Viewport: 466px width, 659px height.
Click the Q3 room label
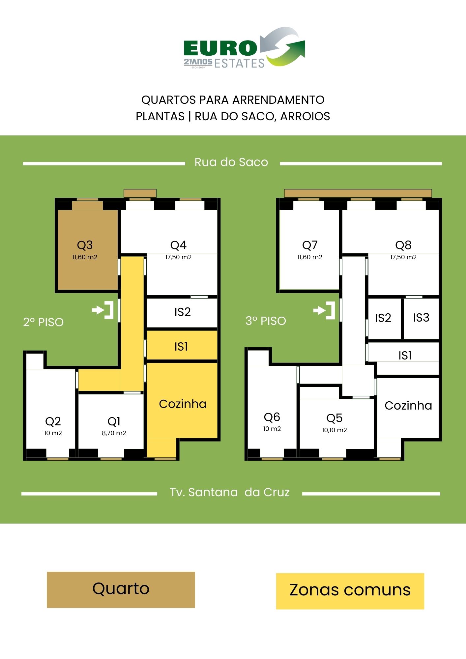[85, 245]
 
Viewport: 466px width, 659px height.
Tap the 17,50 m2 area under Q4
[178, 257]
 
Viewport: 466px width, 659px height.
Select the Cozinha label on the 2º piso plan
[183, 404]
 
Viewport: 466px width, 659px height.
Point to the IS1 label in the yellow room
[181, 346]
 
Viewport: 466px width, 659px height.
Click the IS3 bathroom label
[421, 317]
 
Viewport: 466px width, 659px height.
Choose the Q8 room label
[403, 245]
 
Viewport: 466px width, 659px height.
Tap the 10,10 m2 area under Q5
[335, 430]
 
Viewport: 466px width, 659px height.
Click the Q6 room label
[272, 417]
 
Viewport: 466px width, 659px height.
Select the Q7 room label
[310, 245]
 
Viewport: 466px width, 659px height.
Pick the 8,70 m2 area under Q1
[114, 433]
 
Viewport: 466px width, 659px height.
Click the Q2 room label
[53, 421]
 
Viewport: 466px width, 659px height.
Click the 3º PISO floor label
[266, 321]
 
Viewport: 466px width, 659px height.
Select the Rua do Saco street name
[231, 162]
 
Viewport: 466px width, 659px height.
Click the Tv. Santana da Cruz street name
[230, 492]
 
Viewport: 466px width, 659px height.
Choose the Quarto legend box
[121, 590]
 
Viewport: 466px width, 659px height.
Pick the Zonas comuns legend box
[350, 591]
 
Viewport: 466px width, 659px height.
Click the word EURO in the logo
[220, 48]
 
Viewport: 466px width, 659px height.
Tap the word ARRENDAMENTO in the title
[279, 100]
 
